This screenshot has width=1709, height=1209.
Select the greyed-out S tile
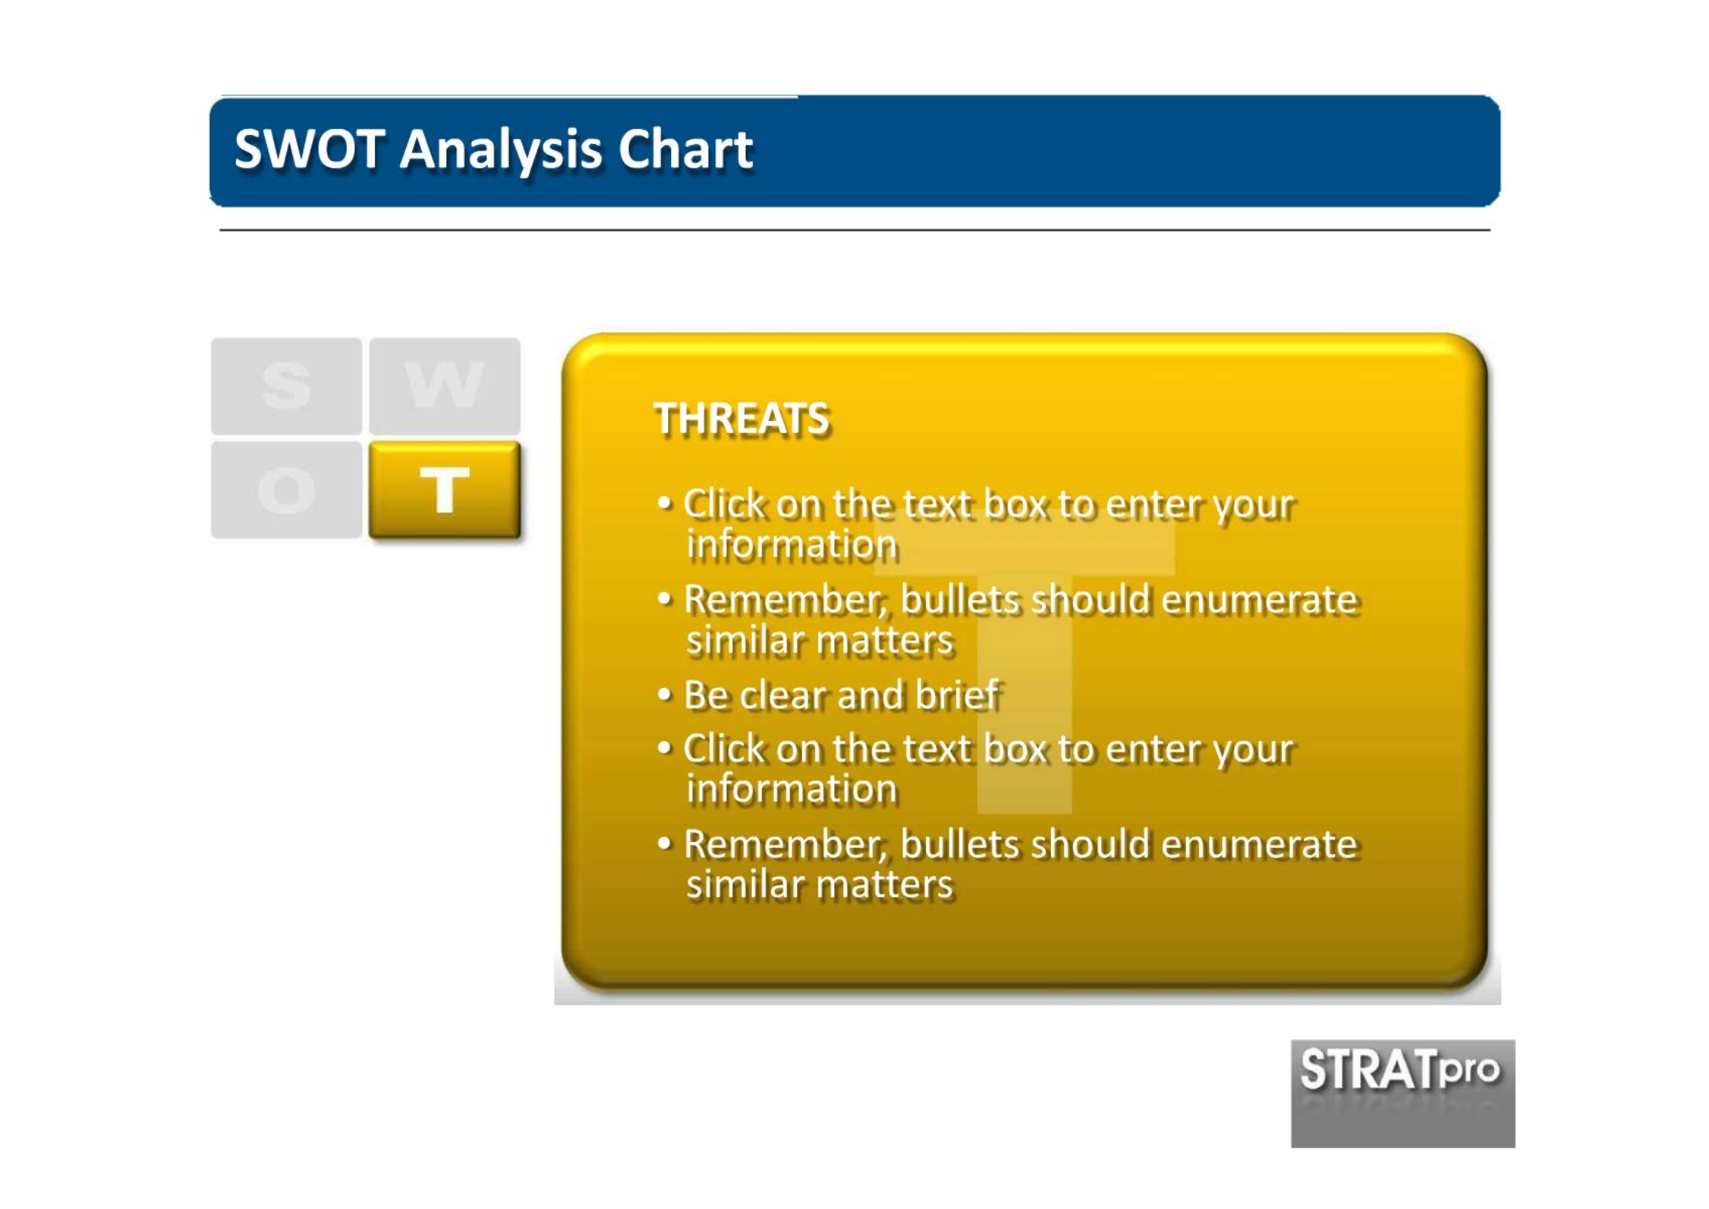click(x=286, y=386)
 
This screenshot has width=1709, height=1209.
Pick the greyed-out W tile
click(x=445, y=386)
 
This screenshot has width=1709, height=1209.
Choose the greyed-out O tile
click(x=286, y=490)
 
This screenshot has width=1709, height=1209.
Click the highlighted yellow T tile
click(x=445, y=490)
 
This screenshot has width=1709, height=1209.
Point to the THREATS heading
click(x=741, y=419)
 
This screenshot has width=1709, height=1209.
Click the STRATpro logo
click(x=1402, y=1093)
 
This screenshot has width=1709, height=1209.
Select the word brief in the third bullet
click(x=958, y=694)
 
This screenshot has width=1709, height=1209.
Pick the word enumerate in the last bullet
click(x=1259, y=844)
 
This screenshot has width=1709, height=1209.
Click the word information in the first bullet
click(x=792, y=544)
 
